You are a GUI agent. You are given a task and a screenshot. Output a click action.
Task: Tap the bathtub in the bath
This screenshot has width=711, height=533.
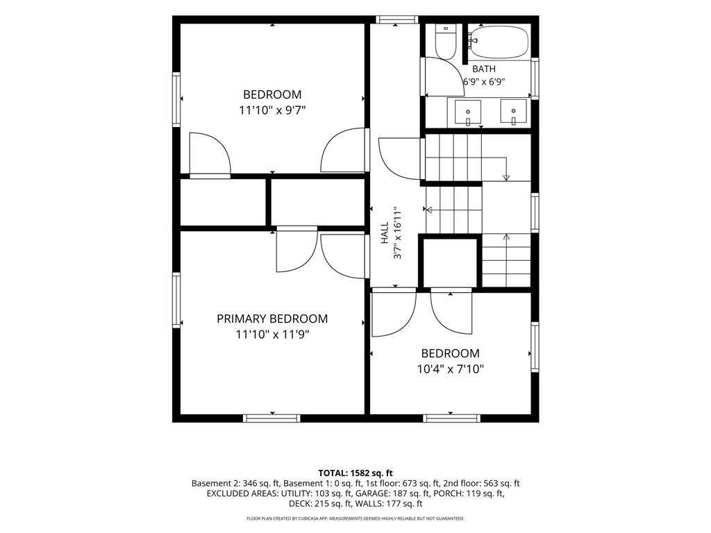click(499, 42)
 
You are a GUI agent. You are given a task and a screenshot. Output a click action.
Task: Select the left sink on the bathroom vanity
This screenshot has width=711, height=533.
click(468, 112)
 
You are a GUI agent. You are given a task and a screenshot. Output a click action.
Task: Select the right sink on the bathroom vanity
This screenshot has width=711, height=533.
click(513, 112)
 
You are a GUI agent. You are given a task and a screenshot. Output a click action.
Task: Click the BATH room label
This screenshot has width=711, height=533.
click(484, 69)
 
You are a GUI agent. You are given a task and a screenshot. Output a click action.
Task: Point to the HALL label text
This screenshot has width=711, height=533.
click(385, 232)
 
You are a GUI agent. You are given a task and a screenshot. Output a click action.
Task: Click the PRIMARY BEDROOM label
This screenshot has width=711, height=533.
click(272, 319)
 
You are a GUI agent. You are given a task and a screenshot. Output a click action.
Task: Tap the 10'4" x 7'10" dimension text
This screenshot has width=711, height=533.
click(450, 369)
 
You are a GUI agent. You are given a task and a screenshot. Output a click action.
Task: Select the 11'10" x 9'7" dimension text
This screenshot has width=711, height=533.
click(272, 110)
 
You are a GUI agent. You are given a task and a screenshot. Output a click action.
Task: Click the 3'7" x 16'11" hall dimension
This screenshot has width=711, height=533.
click(398, 233)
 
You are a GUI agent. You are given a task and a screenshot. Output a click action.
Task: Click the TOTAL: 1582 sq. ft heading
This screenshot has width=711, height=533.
click(355, 473)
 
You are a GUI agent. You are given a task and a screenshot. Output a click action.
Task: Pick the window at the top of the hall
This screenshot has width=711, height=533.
click(396, 19)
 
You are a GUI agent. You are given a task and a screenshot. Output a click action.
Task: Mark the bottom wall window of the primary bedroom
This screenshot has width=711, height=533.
click(271, 418)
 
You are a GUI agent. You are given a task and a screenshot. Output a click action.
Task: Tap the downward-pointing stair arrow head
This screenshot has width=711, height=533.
click(506, 178)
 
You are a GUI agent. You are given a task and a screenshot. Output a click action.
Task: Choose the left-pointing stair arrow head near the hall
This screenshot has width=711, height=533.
click(428, 210)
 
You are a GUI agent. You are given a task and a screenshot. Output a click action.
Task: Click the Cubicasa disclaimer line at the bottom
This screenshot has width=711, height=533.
click(355, 518)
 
